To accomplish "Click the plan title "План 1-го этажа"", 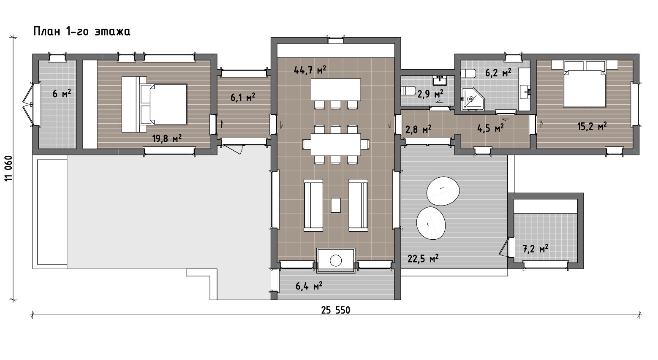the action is (82, 31).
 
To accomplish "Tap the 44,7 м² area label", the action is (310, 70).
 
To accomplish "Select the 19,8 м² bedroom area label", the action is (166, 138).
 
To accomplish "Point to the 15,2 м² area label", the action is (592, 127).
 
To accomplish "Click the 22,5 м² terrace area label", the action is (423, 259).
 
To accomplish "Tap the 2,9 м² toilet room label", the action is (430, 94).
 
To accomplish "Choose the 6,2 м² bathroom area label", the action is (498, 73).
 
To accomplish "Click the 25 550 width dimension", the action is (335, 310).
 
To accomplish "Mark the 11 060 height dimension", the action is (9, 168).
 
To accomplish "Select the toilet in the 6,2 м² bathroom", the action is (468, 73).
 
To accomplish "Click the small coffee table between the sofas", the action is (336, 205).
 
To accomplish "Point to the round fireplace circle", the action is (336, 260).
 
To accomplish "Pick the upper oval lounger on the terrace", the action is (443, 191).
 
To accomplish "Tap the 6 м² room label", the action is (62, 94).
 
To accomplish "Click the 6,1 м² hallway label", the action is (243, 97).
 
